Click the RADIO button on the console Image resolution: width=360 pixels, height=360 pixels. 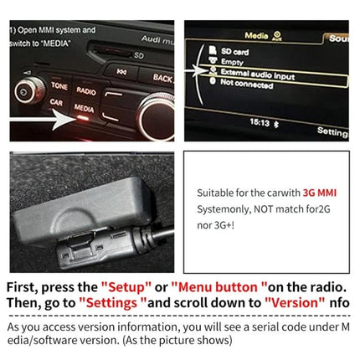tap(85, 90)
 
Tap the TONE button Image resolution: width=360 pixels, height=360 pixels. tap(59, 85)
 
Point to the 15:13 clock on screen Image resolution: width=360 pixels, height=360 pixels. tap(260, 122)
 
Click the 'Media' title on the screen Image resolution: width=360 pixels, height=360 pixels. tap(255, 36)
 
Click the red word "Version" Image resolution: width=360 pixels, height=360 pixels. tap(295, 302)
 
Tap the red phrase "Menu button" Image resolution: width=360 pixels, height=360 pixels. tap(222, 285)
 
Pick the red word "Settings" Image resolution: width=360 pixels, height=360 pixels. tap(113, 302)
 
